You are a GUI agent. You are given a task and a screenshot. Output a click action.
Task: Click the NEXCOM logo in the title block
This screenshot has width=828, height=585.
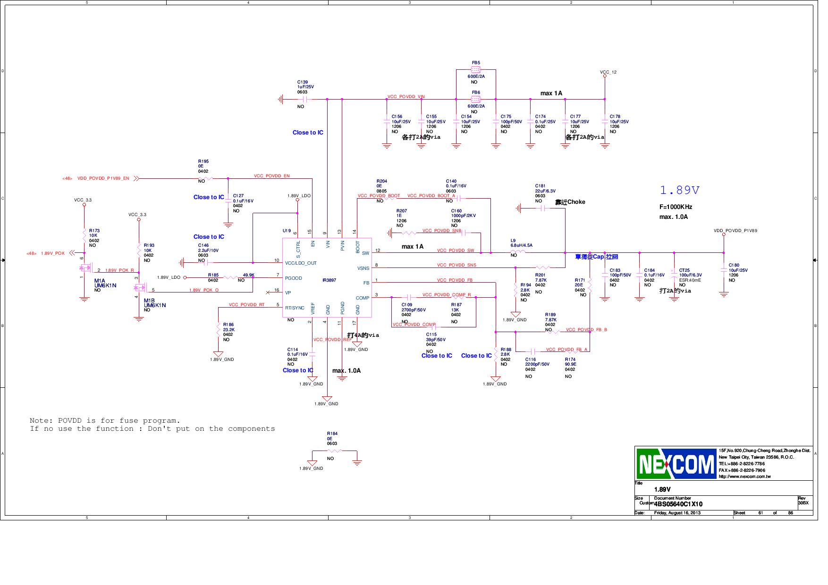point(676,464)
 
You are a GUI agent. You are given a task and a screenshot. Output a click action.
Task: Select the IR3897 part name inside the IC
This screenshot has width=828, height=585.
point(329,280)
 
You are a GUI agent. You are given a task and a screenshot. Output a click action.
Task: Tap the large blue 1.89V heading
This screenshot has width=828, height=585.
point(679,190)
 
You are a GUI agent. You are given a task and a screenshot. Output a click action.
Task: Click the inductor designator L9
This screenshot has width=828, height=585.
point(513,240)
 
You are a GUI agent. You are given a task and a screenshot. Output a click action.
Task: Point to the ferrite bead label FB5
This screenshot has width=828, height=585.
point(476,63)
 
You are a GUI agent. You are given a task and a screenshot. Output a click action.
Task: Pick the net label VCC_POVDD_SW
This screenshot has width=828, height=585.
point(455,251)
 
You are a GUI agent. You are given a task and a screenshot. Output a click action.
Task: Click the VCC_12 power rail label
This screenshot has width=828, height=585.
point(608,72)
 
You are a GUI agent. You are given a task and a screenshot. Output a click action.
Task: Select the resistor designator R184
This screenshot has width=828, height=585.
point(332,434)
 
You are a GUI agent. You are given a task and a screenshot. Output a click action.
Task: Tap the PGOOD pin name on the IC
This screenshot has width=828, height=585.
point(293,278)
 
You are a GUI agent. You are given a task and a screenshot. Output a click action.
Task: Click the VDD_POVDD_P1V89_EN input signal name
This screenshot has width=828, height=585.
point(103,178)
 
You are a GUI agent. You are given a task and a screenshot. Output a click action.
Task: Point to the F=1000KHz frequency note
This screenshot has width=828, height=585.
point(676,207)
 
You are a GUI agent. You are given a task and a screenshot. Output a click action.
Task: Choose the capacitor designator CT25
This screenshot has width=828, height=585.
point(684,270)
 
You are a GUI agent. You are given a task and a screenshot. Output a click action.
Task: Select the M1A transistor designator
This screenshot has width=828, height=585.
point(99,281)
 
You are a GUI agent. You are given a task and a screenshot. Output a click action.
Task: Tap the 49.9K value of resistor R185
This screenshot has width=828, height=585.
point(248,275)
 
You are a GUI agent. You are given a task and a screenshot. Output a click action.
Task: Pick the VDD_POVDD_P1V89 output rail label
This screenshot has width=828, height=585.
point(735,231)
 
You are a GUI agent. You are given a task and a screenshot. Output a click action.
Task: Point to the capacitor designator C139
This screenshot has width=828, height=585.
point(302,82)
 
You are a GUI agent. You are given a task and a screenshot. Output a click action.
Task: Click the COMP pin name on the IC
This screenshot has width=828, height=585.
point(362,298)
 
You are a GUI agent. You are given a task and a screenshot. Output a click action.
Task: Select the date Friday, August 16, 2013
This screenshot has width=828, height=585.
point(677,513)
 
